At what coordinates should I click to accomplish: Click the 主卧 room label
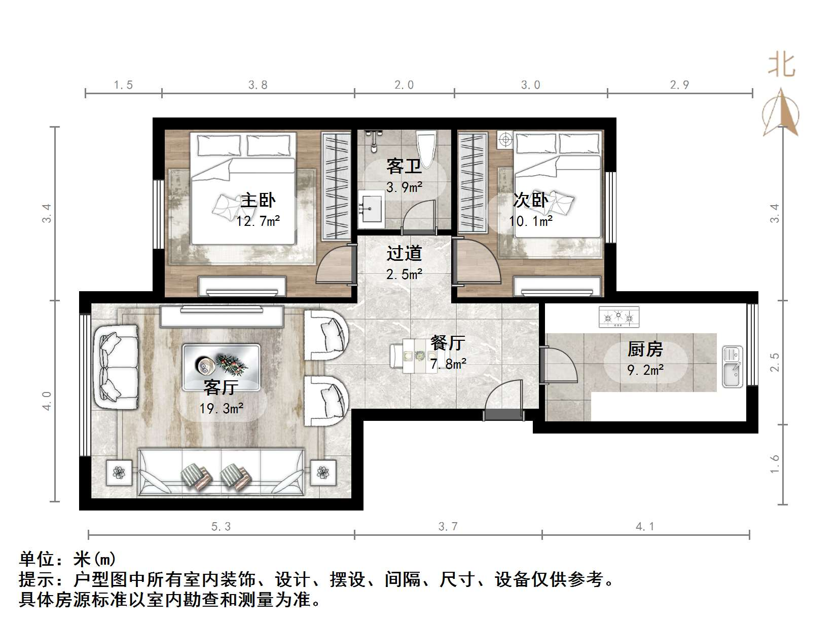coord(258,201)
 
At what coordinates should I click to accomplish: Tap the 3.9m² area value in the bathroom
coord(404,187)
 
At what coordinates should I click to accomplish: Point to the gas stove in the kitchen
coord(618,317)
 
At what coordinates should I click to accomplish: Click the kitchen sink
coord(732,367)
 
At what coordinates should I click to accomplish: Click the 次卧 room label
coord(530,201)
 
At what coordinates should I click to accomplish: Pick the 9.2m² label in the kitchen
coord(645,370)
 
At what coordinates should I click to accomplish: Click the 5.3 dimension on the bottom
coord(221,527)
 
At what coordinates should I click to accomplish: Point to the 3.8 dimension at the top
coord(258,85)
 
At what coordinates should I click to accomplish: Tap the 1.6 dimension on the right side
coord(775,464)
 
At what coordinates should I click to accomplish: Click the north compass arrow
coord(781,113)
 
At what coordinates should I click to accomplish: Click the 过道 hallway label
coord(404,253)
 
